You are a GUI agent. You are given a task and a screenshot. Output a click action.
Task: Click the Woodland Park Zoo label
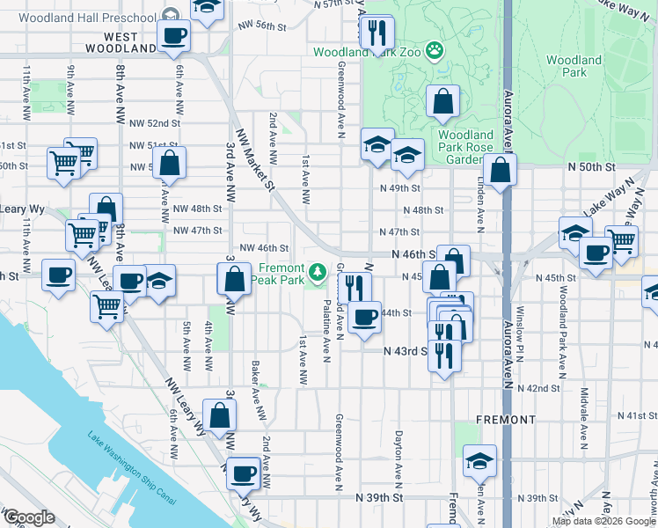[368, 52]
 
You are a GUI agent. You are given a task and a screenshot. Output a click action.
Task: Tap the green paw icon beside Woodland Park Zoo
[434, 51]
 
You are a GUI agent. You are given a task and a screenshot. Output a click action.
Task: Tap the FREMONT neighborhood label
[505, 420]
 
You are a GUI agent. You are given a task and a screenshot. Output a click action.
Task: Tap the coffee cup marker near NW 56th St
[173, 35]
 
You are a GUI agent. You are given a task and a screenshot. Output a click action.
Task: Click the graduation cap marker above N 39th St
[479, 459]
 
